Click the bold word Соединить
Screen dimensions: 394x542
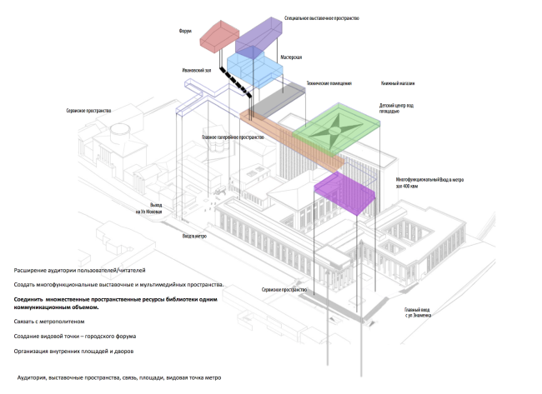coord(30,297)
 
